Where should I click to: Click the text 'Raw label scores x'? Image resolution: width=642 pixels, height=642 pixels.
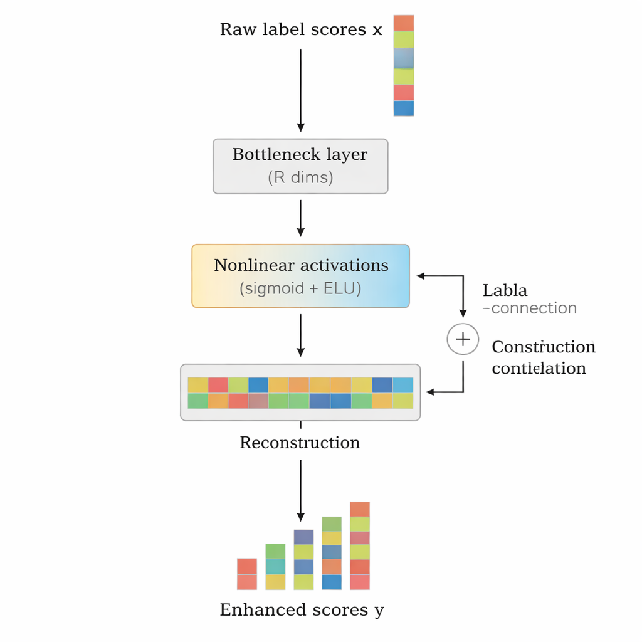(300, 29)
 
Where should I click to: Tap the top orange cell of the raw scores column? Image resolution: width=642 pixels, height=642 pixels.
(404, 23)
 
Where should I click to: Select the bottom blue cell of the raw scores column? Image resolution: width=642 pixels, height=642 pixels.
(404, 108)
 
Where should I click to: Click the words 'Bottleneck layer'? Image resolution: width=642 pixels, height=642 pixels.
(300, 154)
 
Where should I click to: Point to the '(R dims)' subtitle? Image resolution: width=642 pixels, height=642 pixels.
(300, 177)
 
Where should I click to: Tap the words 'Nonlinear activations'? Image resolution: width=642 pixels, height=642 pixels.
(301, 265)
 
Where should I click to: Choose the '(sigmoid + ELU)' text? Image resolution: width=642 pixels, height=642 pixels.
(300, 289)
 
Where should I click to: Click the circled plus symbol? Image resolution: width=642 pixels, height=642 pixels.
(463, 339)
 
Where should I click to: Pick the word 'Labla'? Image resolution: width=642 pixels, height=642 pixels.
(505, 290)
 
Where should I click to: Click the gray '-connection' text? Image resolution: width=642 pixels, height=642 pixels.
(529, 308)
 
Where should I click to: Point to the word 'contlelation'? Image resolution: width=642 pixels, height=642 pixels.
(539, 368)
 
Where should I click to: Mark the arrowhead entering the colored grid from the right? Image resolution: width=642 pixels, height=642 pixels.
(430, 392)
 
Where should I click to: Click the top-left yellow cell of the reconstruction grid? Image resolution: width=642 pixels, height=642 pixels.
(197, 385)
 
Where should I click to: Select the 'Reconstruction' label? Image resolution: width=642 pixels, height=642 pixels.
(300, 443)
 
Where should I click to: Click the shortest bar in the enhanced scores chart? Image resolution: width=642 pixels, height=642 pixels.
(247, 574)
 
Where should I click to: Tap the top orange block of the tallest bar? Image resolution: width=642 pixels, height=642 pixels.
(360, 509)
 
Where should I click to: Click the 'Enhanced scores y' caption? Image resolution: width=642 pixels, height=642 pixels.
(302, 610)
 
